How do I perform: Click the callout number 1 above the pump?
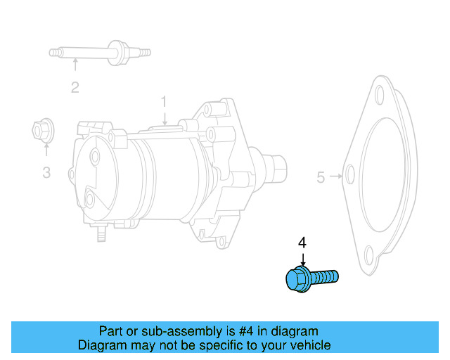click(x=164, y=102)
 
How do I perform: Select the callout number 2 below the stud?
click(x=75, y=88)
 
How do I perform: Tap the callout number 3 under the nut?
click(x=46, y=172)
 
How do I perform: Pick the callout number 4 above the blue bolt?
click(x=302, y=243)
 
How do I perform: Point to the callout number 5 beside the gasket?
click(x=321, y=177)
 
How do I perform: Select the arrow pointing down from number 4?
click(x=302, y=259)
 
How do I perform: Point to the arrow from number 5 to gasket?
click(x=336, y=176)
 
